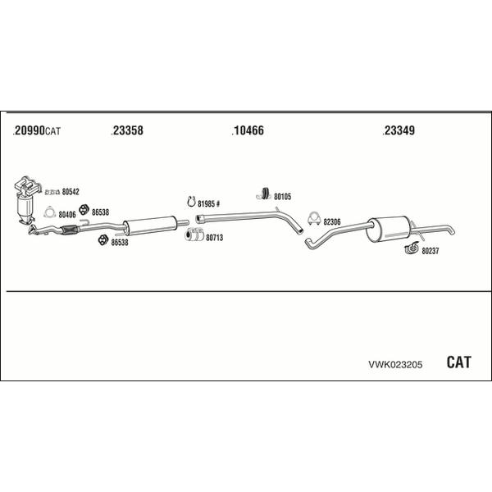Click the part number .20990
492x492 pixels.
click(29, 130)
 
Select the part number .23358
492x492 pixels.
click(127, 130)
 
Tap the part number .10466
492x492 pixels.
click(248, 130)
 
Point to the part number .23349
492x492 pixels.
click(399, 130)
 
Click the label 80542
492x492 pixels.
click(71, 191)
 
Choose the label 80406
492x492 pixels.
click(67, 215)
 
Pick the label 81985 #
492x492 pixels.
click(208, 203)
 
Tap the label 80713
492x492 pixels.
click(214, 238)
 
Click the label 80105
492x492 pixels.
click(282, 197)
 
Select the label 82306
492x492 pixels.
click(331, 222)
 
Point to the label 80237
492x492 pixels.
click(430, 251)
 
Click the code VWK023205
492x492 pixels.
click(395, 364)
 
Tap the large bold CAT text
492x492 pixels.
click(458, 362)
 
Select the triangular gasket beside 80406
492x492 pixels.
click(49, 212)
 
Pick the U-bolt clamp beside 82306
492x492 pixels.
click(314, 218)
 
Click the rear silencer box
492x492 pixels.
click(389, 229)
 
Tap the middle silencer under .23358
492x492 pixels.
click(149, 225)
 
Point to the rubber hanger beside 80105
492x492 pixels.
click(264, 194)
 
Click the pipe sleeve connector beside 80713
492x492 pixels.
click(194, 235)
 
